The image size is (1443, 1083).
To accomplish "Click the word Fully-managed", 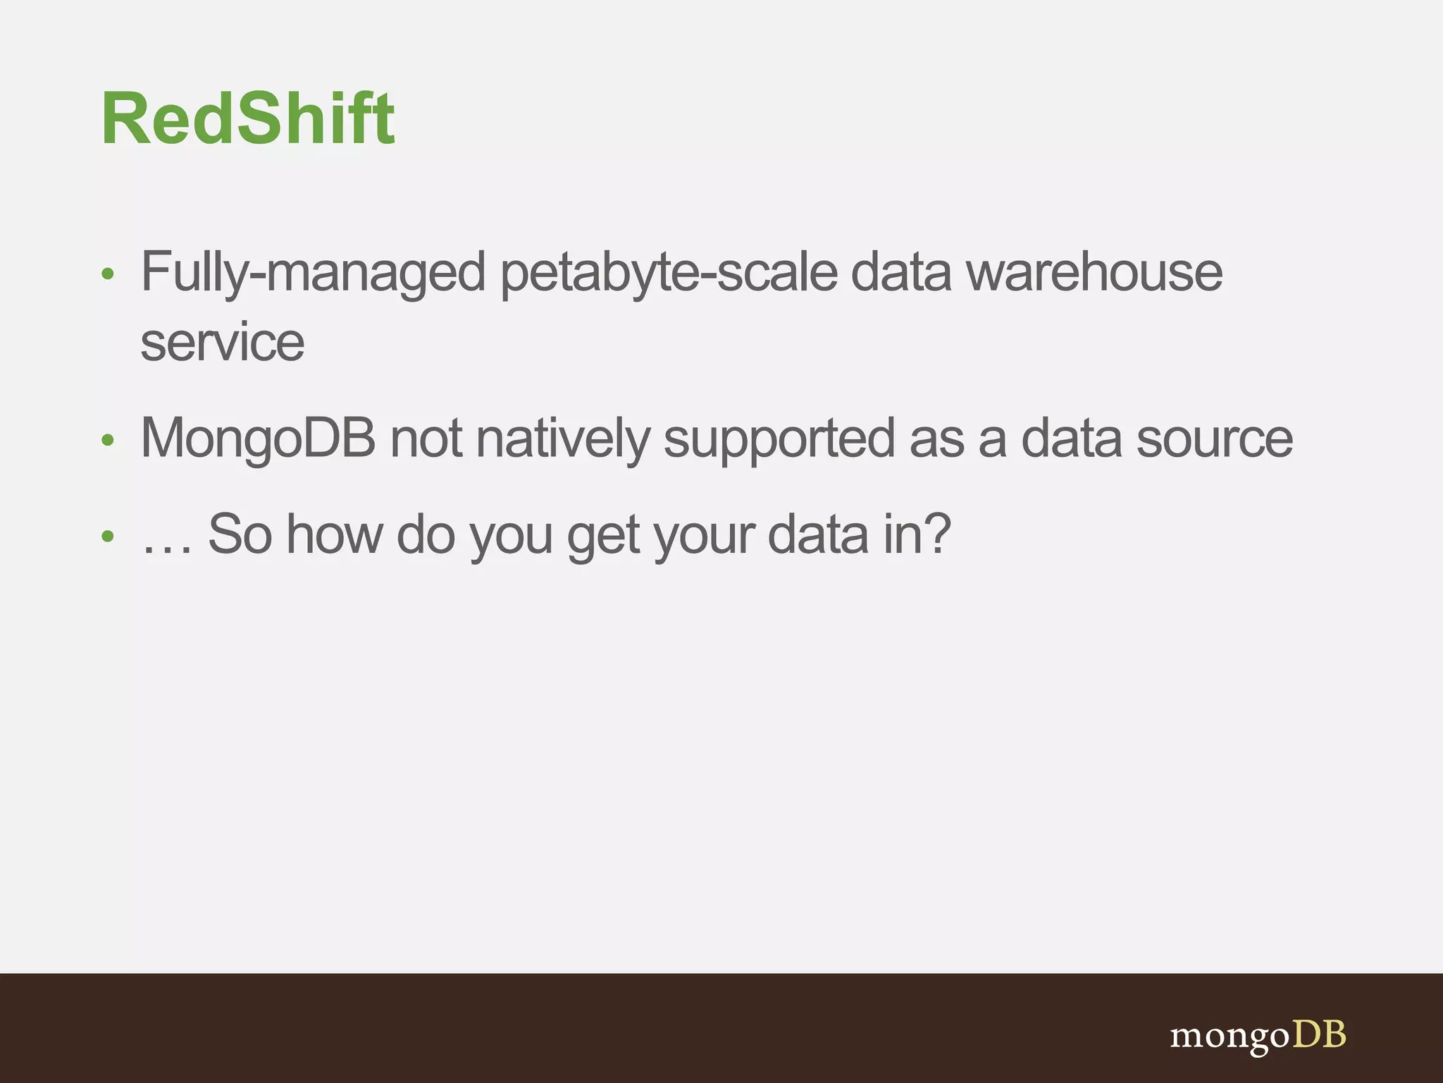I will click(x=313, y=274).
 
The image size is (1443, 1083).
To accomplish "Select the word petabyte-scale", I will click(x=669, y=274).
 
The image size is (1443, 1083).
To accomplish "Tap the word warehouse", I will click(x=1094, y=272).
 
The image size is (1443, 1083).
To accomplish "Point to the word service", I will click(x=223, y=343).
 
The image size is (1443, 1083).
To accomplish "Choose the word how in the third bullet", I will click(x=334, y=534).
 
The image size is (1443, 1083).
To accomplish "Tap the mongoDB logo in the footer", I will click(x=1258, y=1036).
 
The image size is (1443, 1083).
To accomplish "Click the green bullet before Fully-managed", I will click(x=108, y=274).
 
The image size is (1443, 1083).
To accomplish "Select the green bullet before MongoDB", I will click(x=108, y=441).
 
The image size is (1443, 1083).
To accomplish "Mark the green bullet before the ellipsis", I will click(x=108, y=537).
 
